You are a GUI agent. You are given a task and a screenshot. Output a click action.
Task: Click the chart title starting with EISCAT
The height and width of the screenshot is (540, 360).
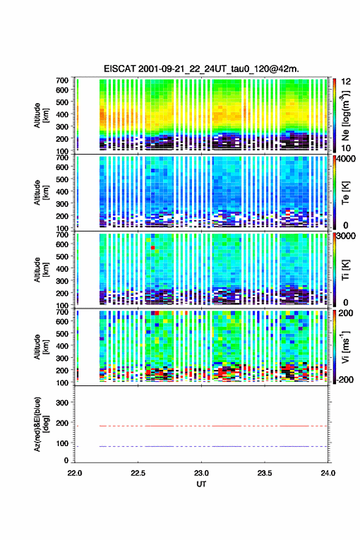coord(201,69)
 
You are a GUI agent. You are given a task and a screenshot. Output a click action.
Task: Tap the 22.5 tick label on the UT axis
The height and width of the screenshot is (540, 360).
coord(138,473)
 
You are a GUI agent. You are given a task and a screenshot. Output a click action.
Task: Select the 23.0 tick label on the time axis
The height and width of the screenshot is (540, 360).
coord(201,473)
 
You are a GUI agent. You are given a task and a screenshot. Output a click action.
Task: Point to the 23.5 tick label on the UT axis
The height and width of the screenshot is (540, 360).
coord(265,473)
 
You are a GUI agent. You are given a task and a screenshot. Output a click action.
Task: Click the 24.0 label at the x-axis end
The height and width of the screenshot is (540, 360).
coord(328,473)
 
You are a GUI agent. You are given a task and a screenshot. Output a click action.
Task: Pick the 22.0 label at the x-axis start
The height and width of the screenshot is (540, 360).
coord(75,473)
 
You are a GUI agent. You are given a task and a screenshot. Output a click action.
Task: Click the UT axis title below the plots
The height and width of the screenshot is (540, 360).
coord(201,484)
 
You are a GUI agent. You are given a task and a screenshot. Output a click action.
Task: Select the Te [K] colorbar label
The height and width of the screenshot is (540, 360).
coord(345,193)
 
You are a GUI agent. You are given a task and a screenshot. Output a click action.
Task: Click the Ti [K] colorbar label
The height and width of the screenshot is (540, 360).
coord(345,269)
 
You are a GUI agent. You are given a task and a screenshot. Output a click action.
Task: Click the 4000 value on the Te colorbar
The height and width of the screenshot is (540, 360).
coord(347,159)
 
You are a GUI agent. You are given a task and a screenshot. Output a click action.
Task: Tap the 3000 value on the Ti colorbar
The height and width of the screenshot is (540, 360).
coord(347,236)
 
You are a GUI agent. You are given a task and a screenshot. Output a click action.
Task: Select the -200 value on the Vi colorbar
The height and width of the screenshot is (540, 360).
coord(345,379)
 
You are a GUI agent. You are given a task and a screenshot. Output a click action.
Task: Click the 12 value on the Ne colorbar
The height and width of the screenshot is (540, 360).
coord(347,82)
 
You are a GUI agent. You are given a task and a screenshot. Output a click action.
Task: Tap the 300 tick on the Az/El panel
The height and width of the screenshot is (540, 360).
coord(62,403)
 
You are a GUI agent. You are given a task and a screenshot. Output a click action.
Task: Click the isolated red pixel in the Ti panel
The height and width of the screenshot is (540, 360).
coord(153,248)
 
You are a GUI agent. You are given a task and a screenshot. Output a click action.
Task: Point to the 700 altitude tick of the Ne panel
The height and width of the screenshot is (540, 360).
coord(62,80)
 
